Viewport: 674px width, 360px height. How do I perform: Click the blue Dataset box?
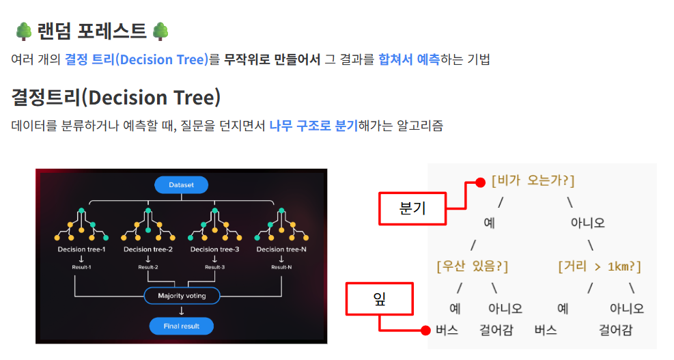tap(181, 185)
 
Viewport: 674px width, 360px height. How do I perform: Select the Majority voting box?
tap(182, 296)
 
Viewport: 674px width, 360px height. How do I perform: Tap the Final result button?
tap(182, 326)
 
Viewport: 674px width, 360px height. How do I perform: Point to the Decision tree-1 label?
tap(81, 249)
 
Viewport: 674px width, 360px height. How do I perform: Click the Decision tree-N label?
tap(281, 249)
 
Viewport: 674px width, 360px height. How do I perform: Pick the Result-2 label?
tap(148, 266)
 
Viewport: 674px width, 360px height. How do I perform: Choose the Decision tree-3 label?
tap(214, 249)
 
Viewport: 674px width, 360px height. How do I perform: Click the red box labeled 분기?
tap(412, 208)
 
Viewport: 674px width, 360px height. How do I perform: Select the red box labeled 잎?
tap(380, 299)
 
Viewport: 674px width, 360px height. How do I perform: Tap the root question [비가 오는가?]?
tap(533, 181)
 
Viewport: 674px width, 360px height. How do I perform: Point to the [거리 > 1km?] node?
tap(599, 266)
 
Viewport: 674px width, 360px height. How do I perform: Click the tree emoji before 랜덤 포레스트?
tap(23, 31)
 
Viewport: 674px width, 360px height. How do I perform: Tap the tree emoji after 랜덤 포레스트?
tap(160, 31)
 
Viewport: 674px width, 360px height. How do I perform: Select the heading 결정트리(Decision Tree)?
tap(116, 97)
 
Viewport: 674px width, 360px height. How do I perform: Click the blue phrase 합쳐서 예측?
tap(408, 59)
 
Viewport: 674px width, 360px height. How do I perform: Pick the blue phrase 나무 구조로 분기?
tap(313, 126)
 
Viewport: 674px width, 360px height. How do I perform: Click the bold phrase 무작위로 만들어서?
tap(272, 59)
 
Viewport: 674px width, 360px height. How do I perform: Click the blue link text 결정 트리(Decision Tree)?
tap(136, 59)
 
